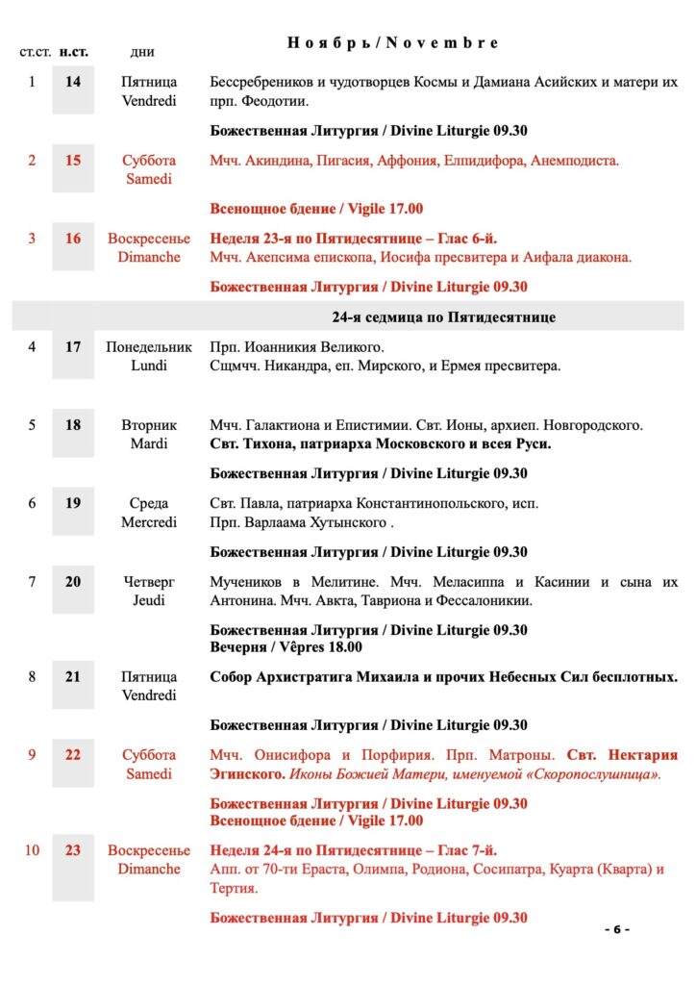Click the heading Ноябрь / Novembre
click(x=393, y=43)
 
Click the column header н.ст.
click(x=73, y=51)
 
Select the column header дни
click(x=141, y=52)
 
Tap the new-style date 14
click(x=73, y=82)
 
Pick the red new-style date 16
click(x=73, y=239)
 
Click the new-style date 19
click(x=73, y=503)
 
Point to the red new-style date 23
click(x=73, y=849)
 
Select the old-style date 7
click(x=32, y=581)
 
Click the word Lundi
click(x=149, y=366)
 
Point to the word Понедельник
click(x=149, y=346)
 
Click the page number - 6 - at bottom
click(x=616, y=929)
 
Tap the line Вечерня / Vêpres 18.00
click(x=286, y=647)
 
